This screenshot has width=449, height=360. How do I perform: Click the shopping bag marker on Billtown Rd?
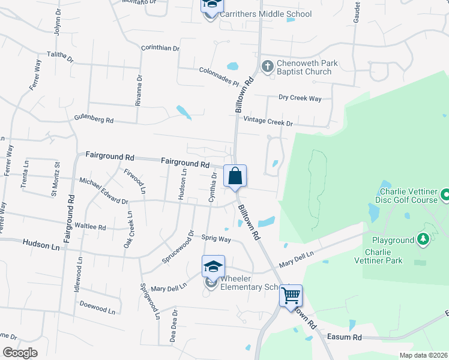coord(235,176)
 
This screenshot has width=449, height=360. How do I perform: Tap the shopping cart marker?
coord(291,295)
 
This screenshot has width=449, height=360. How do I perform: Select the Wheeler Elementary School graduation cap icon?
coord(213,266)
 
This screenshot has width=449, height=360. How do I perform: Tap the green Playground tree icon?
coord(424,240)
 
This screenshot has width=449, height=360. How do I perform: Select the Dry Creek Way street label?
coord(300,98)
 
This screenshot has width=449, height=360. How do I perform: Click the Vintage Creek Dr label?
coord(269,123)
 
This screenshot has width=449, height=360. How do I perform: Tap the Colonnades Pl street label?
coord(219,76)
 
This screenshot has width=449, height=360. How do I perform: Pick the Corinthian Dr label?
coord(160,48)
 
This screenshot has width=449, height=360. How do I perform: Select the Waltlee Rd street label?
coord(90,227)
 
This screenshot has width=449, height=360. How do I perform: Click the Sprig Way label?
coord(216,239)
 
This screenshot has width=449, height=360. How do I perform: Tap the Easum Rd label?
coord(345,337)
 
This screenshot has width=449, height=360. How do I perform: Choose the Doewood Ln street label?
coord(97,307)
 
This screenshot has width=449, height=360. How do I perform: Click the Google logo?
coord(20,353)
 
